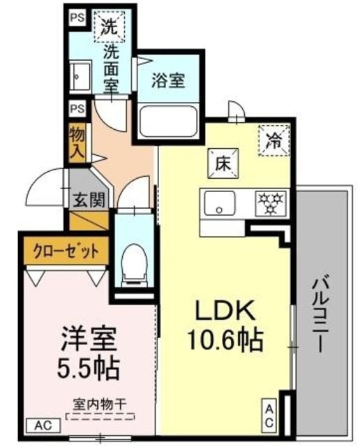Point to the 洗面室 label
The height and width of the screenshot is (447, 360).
point(110,66)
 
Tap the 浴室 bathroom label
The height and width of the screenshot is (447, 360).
point(170,80)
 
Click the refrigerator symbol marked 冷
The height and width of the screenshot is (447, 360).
point(273,138)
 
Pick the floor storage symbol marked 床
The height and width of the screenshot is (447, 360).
point(222,165)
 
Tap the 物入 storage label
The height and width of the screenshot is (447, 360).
point(77,142)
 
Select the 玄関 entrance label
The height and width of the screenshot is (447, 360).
point(89,200)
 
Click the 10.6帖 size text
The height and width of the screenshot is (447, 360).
point(223,340)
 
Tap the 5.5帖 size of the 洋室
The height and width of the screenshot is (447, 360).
point(86,365)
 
